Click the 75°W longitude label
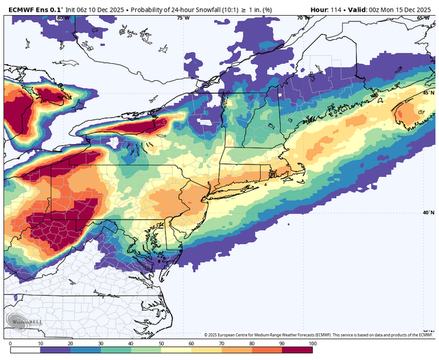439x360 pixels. click(182, 18)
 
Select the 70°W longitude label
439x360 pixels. click(299, 18)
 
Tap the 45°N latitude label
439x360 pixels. click(427, 93)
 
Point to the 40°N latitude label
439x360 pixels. click(427, 213)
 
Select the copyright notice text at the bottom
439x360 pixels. click(319, 335)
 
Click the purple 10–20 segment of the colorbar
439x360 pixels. click(56, 344)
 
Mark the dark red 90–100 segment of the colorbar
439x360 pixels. click(298, 344)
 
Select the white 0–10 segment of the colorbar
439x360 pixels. click(25, 344)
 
